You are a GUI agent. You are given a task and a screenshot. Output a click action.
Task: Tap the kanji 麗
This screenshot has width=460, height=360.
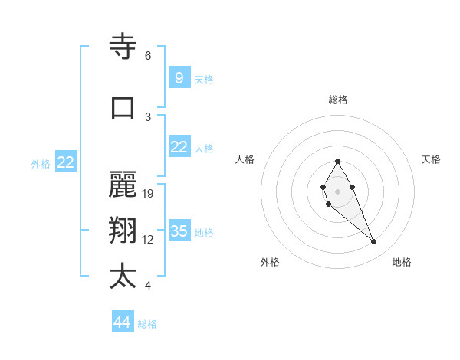pos(123,186)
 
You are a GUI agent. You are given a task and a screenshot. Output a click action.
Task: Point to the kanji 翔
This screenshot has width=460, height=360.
pos(123,231)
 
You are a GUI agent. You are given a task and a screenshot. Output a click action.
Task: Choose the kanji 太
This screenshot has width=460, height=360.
pos(123,277)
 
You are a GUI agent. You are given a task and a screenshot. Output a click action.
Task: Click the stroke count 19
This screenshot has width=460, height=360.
pos(149,194)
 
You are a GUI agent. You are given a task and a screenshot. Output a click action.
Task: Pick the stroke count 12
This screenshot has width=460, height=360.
pos(149,240)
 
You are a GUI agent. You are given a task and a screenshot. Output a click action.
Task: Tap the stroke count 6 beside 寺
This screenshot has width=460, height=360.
pos(148,56)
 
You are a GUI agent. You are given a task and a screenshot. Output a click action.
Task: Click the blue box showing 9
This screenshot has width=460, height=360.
pos(179,78)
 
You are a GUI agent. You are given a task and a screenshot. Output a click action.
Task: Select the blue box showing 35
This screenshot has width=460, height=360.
pos(179,231)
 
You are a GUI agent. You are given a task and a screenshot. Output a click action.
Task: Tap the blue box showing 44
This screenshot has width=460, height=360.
pos(123,322)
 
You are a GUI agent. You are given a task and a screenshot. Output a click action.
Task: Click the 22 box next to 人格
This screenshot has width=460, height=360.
pos(179,147)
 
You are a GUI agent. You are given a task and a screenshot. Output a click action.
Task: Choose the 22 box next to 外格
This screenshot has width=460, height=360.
pos(65,162)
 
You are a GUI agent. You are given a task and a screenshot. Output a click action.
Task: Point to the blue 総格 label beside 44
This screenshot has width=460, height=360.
pos(147,324)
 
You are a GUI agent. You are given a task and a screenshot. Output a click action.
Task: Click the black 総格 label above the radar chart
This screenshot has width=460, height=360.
pos(338,100)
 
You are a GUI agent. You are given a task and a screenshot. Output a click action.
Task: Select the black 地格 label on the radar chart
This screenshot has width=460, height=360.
pos(402,262)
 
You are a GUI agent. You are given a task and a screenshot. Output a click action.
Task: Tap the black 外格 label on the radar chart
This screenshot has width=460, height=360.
pos(270,262)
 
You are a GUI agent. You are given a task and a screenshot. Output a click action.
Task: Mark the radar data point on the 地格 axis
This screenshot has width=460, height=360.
pos(374,242)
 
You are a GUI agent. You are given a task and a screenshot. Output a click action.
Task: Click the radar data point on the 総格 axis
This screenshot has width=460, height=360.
pos(337,161)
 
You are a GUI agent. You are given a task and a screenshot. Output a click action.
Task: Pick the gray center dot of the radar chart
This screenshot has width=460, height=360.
pos(337,191)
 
